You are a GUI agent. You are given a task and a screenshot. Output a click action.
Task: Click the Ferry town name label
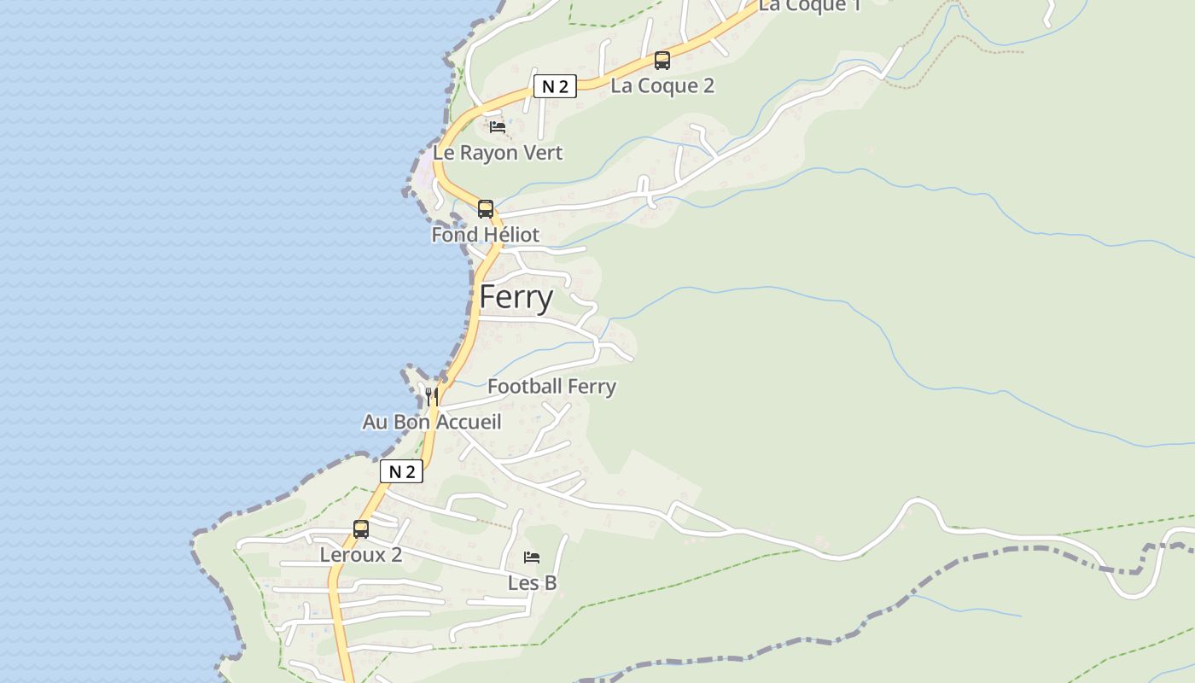(x=516, y=297)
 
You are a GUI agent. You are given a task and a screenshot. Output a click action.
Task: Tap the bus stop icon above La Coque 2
(x=662, y=61)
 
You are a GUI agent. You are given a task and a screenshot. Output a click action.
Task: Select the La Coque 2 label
(x=662, y=85)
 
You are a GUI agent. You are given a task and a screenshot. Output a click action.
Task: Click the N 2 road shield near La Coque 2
(x=555, y=86)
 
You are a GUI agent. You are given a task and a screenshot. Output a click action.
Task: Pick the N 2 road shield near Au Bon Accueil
(x=401, y=471)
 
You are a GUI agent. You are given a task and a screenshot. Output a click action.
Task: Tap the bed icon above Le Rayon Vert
(x=498, y=127)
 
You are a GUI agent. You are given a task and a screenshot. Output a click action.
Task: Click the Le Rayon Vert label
(x=498, y=154)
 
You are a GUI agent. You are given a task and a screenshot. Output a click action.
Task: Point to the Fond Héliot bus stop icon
(x=486, y=209)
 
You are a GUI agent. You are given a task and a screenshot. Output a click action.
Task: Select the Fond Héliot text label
(x=486, y=235)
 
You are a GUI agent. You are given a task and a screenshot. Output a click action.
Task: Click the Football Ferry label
(x=551, y=387)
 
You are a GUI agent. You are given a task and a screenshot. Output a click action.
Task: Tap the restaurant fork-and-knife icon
(x=432, y=396)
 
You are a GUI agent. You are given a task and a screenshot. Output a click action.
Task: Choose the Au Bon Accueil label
(x=432, y=422)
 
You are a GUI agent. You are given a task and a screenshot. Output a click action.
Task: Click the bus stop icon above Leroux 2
(x=361, y=529)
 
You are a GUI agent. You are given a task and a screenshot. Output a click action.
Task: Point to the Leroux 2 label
(x=361, y=555)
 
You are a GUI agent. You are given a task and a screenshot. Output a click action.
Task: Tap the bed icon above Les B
(x=532, y=557)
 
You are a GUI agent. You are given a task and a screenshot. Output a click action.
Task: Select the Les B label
(x=532, y=583)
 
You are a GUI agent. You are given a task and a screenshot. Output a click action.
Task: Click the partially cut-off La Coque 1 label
(x=810, y=6)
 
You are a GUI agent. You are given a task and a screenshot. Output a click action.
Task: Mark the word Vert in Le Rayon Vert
(x=541, y=154)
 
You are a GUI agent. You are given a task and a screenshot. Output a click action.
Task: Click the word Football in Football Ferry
(x=525, y=387)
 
